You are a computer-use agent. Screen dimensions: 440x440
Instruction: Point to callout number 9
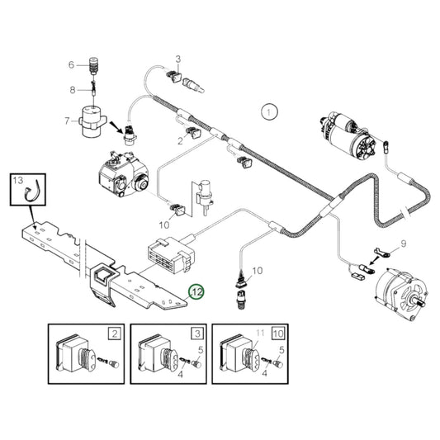pos(403,244)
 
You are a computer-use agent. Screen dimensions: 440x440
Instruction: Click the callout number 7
pos(67,121)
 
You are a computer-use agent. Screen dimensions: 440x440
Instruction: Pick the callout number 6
pos(71,64)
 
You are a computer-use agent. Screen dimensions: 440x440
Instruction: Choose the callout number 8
pos(72,89)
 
